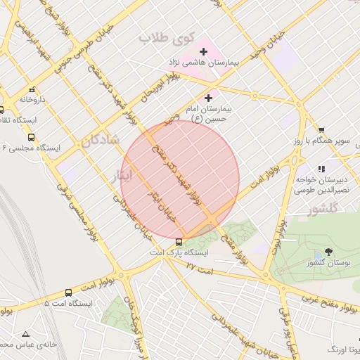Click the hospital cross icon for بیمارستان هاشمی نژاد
click(203, 51)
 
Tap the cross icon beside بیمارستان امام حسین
click(208, 98)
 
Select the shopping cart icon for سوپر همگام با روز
click(321, 130)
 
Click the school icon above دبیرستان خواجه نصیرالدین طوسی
click(321, 169)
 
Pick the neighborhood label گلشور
click(323, 208)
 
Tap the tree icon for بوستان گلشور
click(330, 252)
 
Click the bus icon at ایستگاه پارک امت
click(179, 241)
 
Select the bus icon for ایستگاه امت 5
click(68, 292)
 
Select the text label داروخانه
click(32, 100)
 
